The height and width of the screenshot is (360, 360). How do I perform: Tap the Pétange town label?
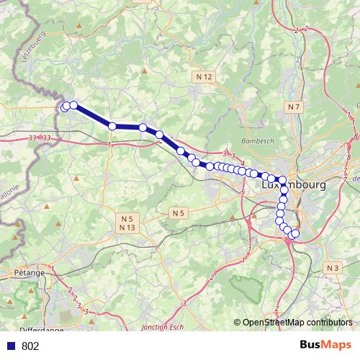coord(29,273)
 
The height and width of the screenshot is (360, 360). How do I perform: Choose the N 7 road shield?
coord(292,107)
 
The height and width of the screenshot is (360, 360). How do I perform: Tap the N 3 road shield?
coord(332,268)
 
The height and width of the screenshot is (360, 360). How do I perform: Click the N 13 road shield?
coord(127,228)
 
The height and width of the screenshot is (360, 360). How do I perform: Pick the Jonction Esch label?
coord(162,327)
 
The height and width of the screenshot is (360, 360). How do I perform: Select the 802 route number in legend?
coord(30,346)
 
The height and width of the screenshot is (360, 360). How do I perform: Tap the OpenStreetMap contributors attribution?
coord(297,323)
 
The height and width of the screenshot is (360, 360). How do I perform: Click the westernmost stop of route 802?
coord(65,107)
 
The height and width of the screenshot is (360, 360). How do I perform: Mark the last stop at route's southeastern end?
coord(294,233)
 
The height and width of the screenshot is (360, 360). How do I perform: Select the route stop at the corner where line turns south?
coord(283,181)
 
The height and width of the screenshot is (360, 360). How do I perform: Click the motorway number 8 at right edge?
coord(356,135)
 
